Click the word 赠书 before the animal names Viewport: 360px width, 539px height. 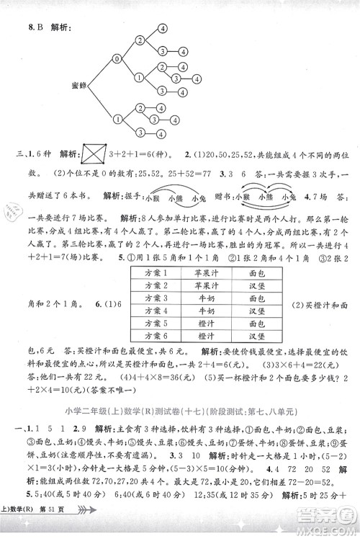coord(224,195)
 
